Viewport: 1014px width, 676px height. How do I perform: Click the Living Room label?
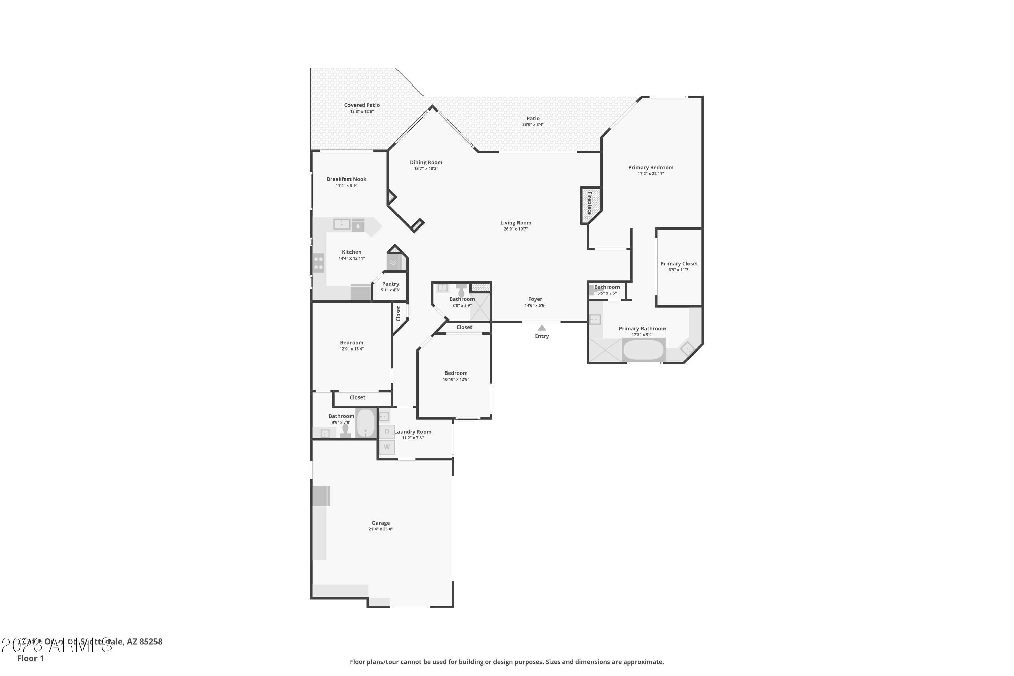click(x=516, y=223)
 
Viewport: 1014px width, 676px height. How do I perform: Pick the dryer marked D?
click(x=387, y=431)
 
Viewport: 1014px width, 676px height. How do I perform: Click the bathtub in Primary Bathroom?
click(x=643, y=349)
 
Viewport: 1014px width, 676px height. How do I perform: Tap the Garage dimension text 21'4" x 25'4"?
click(x=381, y=529)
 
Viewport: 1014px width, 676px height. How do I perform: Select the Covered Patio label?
click(x=362, y=105)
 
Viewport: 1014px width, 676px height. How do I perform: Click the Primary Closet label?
click(x=679, y=263)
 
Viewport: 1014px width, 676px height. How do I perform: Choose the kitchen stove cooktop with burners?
click(x=319, y=263)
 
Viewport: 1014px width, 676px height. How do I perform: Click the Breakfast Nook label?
click(x=346, y=179)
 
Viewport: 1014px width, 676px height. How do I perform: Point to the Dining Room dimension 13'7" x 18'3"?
click(x=426, y=169)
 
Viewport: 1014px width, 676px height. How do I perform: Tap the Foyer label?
click(x=535, y=299)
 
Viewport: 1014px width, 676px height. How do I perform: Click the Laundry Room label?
click(x=413, y=432)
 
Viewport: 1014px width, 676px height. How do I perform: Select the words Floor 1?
click(x=30, y=658)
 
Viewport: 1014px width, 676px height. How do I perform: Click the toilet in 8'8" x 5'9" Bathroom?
click(x=462, y=289)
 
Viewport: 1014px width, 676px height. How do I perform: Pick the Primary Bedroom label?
click(x=651, y=167)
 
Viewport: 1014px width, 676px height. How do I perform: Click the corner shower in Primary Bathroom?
click(x=605, y=351)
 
